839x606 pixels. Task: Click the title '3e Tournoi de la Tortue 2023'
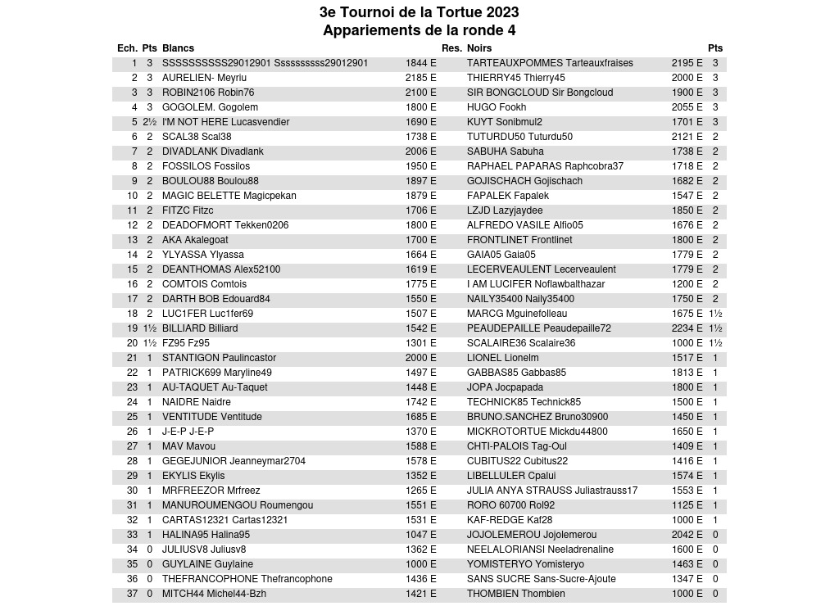pos(419,12)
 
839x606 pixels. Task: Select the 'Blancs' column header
pos(178,48)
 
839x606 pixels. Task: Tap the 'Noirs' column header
pos(479,48)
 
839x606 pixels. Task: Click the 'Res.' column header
pos(451,48)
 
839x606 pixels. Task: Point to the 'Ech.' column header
pos(127,48)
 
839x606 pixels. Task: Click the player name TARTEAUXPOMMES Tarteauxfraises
pos(550,63)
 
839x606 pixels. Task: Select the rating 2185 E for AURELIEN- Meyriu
pos(420,78)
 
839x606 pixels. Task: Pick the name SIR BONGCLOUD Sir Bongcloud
pos(539,93)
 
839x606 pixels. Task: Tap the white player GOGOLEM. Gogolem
pos(210,107)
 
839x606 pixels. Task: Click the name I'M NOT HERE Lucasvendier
pos(225,122)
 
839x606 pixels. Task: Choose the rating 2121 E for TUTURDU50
pos(687,137)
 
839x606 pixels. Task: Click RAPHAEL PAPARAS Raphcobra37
pos(545,166)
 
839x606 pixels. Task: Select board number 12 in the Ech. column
pos(133,225)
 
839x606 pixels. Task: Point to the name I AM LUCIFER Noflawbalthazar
pos(536,284)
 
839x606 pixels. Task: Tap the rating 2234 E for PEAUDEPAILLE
pos(687,328)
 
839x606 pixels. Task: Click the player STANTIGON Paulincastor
pos(219,358)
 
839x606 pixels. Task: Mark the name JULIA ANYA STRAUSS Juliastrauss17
pos(552,491)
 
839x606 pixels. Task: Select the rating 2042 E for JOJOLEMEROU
pos(687,535)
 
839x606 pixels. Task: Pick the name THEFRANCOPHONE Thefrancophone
pos(247,579)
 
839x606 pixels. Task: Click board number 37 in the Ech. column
pos(133,594)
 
